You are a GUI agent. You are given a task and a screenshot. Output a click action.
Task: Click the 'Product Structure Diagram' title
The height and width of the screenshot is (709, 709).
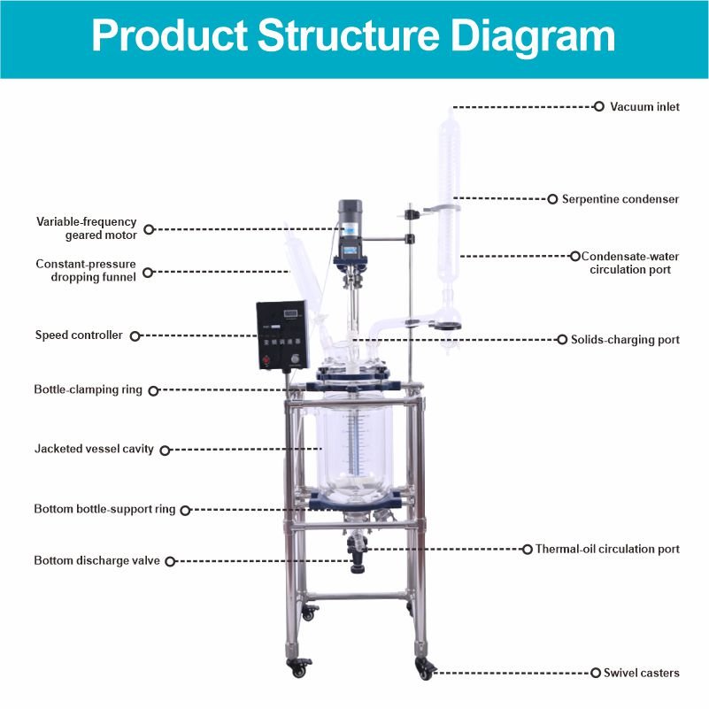354,37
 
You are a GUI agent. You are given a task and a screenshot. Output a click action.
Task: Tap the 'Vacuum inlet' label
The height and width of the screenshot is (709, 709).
644,107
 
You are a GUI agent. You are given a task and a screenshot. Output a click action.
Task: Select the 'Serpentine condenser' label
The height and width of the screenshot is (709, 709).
620,199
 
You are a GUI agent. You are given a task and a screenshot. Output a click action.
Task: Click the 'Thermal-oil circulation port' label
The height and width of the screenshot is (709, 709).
607,549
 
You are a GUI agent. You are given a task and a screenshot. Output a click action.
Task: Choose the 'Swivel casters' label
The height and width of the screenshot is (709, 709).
641,674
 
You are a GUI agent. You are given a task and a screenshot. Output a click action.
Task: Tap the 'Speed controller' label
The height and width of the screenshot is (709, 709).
79,335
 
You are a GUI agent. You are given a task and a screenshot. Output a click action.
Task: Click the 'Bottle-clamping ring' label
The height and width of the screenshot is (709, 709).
88,389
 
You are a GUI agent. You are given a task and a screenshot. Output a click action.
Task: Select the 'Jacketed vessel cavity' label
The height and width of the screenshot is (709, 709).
94,449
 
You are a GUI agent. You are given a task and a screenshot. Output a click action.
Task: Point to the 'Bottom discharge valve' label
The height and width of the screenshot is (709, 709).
97,560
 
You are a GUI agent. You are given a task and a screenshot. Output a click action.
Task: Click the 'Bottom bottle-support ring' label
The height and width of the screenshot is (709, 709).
104,509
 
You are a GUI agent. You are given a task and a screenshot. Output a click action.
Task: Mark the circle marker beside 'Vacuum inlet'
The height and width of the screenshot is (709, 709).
597,106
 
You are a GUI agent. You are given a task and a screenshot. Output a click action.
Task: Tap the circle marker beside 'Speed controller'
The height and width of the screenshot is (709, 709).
135,335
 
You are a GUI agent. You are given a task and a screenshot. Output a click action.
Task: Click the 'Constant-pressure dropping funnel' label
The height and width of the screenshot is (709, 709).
86,270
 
